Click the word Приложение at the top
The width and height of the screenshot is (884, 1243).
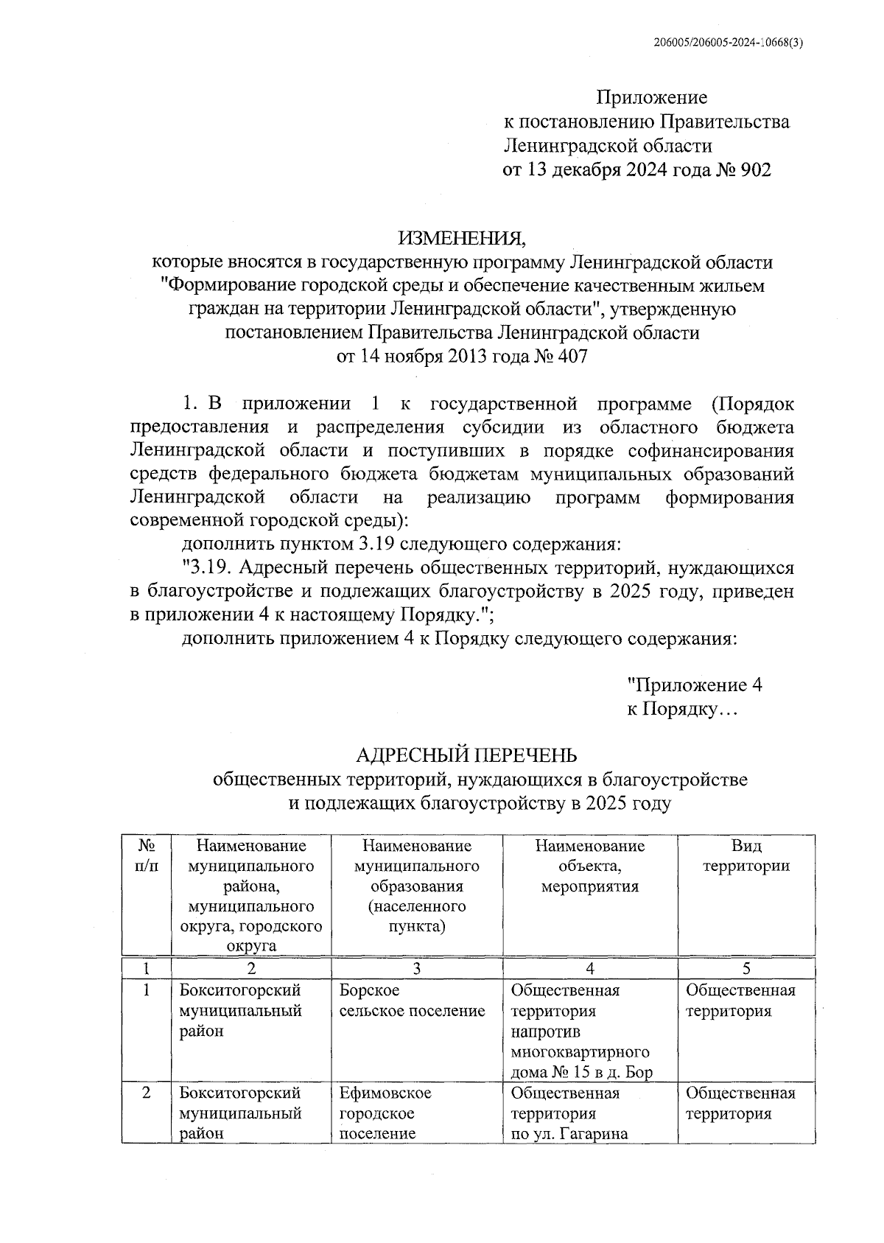pyautogui.click(x=651, y=97)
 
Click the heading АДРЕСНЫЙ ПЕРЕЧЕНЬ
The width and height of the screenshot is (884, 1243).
pyautogui.click(x=466, y=755)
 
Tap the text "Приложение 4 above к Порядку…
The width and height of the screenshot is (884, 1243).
pyautogui.click(x=694, y=685)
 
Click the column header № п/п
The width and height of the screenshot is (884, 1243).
pyautogui.click(x=147, y=855)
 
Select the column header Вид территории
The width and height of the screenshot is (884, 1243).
pyautogui.click(x=746, y=855)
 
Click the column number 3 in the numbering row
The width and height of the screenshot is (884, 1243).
pyautogui.click(x=416, y=969)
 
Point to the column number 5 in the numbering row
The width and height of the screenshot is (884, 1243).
pyautogui.click(x=746, y=969)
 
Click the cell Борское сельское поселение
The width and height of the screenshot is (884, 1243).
pyautogui.click(x=412, y=1001)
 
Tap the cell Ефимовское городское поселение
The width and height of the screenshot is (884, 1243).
pyautogui.click(x=385, y=1113)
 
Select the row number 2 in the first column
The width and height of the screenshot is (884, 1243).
pyautogui.click(x=147, y=1093)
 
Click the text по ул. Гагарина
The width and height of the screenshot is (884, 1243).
pyautogui.click(x=569, y=1134)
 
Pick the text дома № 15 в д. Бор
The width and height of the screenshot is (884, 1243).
pyautogui.click(x=581, y=1072)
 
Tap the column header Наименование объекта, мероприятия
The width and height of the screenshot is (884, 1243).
pyautogui.click(x=589, y=866)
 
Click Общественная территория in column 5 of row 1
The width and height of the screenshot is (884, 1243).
pyautogui.click(x=740, y=1001)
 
